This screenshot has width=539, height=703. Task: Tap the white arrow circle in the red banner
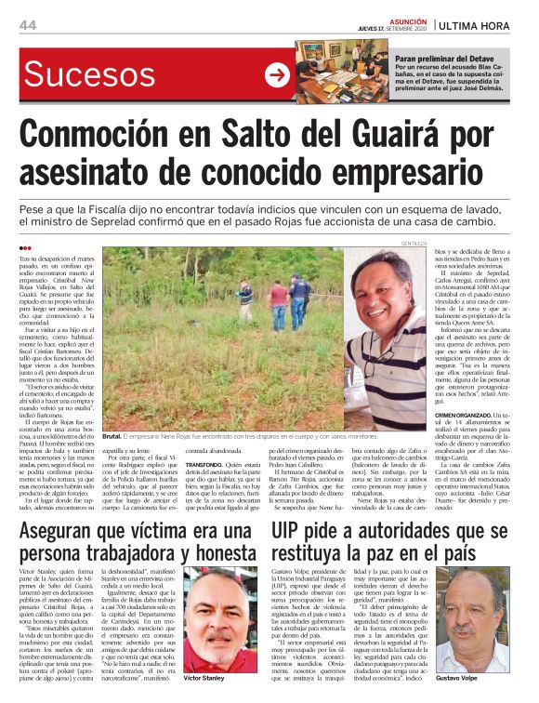coord(277,75)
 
